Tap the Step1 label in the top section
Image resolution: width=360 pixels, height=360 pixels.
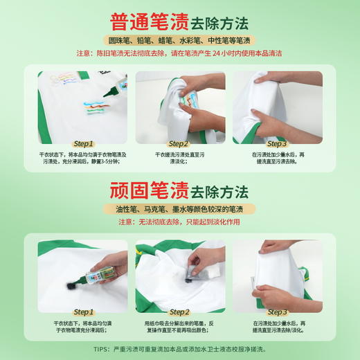[x=83, y=144]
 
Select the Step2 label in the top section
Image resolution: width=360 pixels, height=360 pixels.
[x=179, y=144]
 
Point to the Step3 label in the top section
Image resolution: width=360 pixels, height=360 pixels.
[x=276, y=144]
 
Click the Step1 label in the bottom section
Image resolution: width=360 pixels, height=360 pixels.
[x=83, y=312]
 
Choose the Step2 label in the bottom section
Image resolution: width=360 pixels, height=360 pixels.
[x=179, y=312]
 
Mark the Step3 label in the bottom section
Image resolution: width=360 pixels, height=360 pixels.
[x=276, y=312]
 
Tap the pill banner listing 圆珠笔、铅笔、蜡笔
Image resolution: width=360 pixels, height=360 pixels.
[x=179, y=40]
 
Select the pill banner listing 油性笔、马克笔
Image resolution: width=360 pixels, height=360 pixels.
[x=179, y=209]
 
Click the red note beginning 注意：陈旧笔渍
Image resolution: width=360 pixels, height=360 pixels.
[x=179, y=53]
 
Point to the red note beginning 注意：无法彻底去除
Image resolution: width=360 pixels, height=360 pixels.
[x=179, y=222]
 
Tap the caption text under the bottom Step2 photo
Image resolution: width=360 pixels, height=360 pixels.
[x=179, y=326]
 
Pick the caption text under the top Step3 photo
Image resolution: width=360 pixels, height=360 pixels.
[x=277, y=158]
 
